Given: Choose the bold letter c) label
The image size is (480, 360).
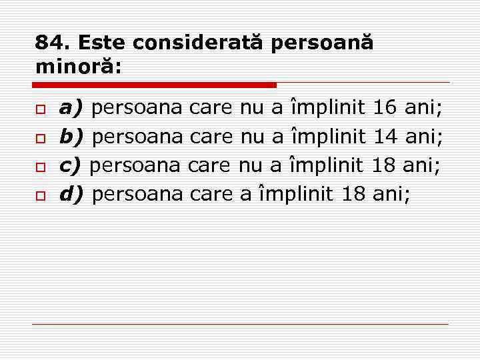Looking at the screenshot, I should [70, 165].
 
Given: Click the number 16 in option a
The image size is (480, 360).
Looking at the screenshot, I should [385, 107].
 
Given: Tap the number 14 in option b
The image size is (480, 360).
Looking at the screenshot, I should [385, 136].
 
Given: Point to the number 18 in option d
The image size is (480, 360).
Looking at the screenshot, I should [353, 194].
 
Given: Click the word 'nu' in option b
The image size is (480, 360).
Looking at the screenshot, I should [252, 136].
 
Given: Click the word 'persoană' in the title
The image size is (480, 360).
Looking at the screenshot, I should [323, 43].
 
